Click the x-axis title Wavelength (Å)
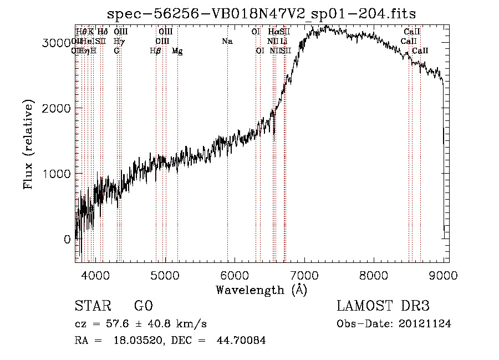[x=261, y=290]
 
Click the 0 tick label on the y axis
[x=67, y=240]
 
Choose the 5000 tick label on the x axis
[x=165, y=275]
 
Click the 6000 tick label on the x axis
[x=235, y=275]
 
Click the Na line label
[x=227, y=41]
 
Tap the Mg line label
[x=177, y=50]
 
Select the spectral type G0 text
[x=143, y=307]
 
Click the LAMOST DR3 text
[x=383, y=307]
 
